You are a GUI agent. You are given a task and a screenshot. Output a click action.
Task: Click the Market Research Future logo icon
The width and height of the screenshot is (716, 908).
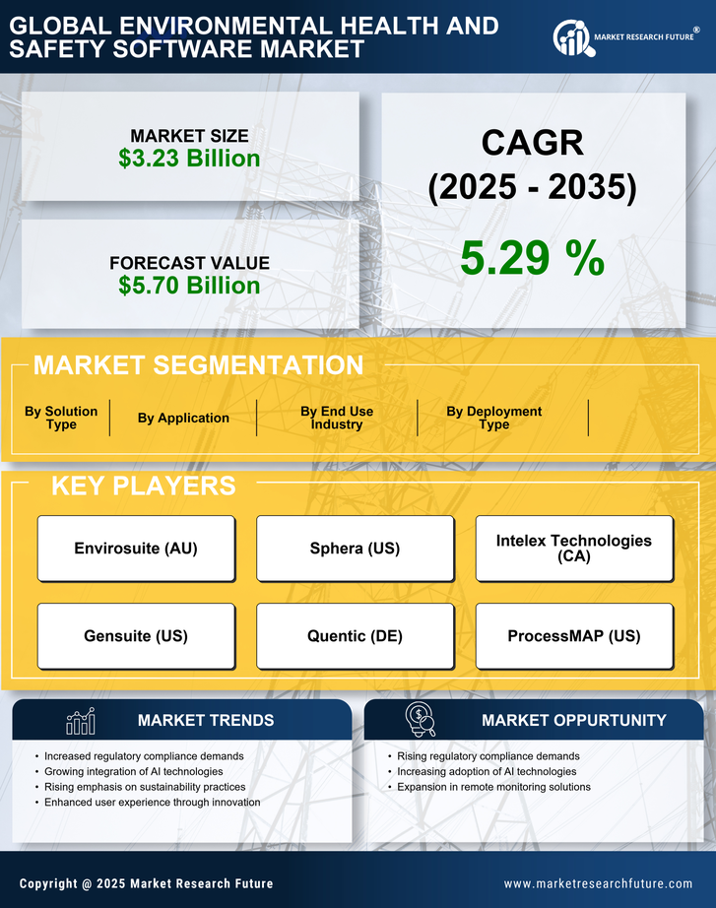tap(571, 37)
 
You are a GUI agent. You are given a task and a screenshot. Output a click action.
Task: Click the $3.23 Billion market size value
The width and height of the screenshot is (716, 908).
tap(189, 159)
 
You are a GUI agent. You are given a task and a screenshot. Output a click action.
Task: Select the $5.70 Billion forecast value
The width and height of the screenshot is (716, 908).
tap(189, 286)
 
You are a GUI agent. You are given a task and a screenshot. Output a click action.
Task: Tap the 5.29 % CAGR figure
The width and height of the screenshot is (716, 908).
tap(532, 258)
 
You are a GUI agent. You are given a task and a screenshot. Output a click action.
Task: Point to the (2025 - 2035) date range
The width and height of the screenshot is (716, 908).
tap(532, 187)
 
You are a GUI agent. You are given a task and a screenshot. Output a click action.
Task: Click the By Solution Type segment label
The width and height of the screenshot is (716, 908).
tap(61, 418)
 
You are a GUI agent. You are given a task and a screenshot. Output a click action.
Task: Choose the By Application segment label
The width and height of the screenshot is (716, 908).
tap(183, 418)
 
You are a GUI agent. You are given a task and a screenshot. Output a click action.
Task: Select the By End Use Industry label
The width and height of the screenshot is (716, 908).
tap(337, 418)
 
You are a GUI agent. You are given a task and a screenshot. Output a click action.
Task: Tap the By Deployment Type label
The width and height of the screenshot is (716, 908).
tap(494, 418)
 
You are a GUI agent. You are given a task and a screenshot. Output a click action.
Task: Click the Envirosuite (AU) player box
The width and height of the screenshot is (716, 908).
tap(136, 549)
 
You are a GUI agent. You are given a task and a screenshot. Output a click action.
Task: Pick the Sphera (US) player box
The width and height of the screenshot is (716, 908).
tap(355, 549)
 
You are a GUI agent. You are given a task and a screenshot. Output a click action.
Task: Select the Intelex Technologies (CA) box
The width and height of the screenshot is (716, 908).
tap(574, 549)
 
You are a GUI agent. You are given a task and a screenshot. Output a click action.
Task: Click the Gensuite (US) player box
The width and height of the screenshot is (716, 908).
tap(136, 636)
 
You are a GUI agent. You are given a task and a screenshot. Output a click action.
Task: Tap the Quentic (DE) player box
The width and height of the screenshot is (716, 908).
tap(355, 636)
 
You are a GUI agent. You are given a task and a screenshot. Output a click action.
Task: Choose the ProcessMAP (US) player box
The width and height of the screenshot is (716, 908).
tap(574, 636)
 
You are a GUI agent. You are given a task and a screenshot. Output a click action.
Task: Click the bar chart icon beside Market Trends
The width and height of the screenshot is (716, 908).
tap(80, 721)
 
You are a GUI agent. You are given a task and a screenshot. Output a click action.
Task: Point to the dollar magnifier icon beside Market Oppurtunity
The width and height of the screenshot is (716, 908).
tap(421, 720)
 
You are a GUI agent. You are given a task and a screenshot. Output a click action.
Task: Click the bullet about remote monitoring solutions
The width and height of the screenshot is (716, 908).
tap(493, 787)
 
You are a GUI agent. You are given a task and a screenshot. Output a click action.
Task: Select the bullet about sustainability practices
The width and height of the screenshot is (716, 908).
tap(145, 787)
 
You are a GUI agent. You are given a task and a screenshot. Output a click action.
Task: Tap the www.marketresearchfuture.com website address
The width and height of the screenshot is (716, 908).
tap(598, 883)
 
